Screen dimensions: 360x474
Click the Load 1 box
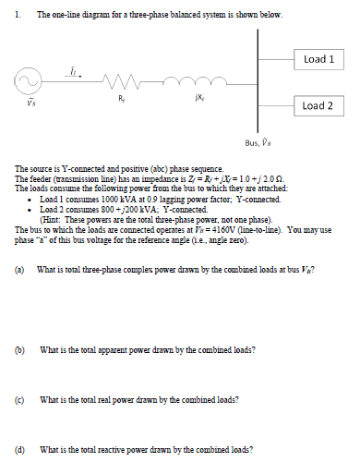point(318,59)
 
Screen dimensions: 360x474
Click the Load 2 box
point(318,105)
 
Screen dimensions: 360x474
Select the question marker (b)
point(21,349)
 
